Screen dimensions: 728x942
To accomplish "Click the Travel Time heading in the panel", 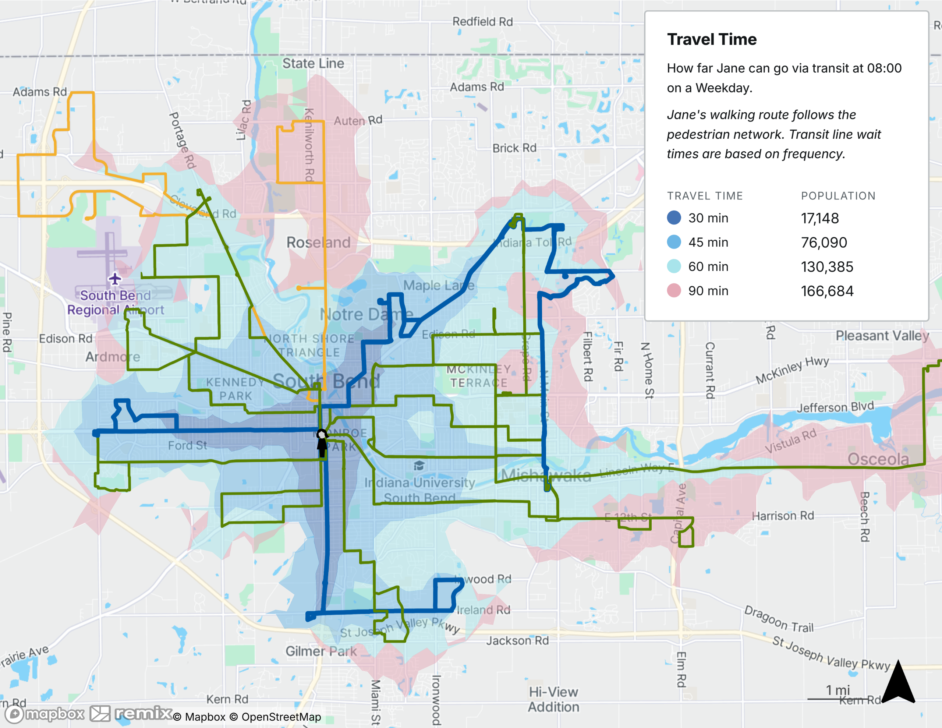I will coord(711,39).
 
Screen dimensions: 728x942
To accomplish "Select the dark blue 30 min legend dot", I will coord(674,218).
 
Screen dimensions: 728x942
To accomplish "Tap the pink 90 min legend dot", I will coord(674,290).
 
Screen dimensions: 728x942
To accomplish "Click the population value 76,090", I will coord(824,242).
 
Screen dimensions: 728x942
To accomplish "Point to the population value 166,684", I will coord(827,291).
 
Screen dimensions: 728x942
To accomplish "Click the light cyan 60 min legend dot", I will coord(674,266).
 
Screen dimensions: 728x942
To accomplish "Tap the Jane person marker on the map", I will coord(322,442).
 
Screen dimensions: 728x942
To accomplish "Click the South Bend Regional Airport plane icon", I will coord(115,279).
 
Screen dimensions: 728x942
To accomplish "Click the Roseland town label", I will coord(318,242).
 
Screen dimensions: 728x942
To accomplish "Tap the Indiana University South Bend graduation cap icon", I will coord(419,466).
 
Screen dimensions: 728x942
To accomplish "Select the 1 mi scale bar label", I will coord(837,690).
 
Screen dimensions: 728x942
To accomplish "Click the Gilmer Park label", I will coord(321,651).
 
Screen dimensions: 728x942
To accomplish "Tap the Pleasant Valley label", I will coord(882,335).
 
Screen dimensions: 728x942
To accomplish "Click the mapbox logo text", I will coord(54,714).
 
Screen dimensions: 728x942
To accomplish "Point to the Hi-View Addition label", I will coord(553,699).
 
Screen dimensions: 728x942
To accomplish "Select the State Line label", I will coord(313,63).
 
